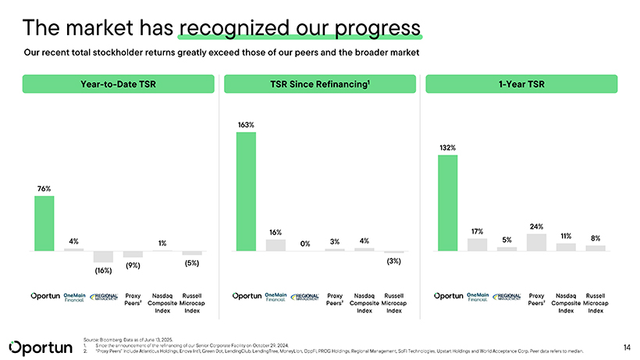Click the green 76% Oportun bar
[x=44, y=223]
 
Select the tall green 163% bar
[x=246, y=191]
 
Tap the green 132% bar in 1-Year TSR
[x=447, y=203]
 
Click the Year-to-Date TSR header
[x=119, y=84]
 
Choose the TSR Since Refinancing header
[x=320, y=84]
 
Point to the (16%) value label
[x=103, y=270]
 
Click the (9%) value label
[x=133, y=266]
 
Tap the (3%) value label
[x=393, y=261]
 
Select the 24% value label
[x=536, y=226]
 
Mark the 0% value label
[x=305, y=244]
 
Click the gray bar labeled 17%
[x=477, y=244]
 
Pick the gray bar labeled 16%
[x=276, y=245]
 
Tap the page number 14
[x=627, y=344]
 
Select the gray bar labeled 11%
[x=566, y=247]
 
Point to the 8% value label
[x=596, y=238]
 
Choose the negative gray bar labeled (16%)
[x=103, y=257]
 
